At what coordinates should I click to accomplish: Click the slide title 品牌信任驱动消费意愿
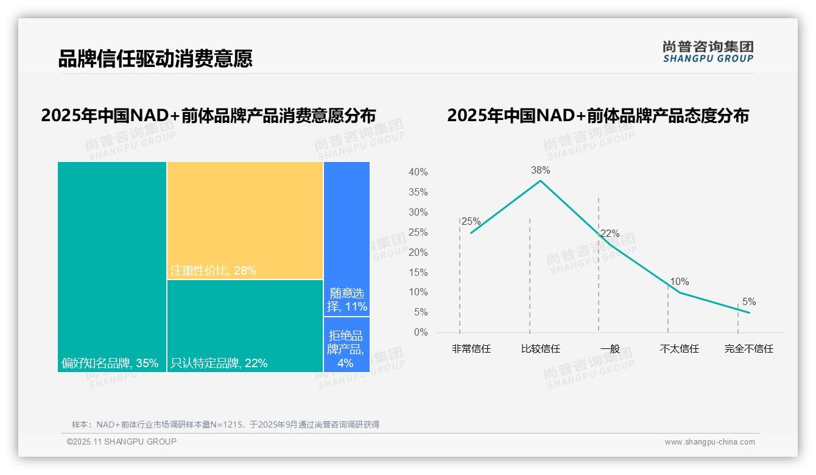(155, 58)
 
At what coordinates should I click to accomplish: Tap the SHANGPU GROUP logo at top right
(708, 52)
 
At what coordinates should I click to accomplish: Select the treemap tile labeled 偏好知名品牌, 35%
(112, 266)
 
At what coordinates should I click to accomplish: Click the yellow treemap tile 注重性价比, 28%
(245, 220)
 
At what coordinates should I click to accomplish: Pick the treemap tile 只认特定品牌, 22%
(245, 326)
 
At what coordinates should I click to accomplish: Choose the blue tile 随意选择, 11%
(346, 239)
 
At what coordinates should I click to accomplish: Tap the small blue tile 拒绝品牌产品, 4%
(346, 344)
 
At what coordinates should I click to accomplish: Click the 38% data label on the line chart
(540, 170)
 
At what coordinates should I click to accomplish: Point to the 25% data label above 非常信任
(471, 222)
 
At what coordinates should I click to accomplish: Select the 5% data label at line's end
(748, 301)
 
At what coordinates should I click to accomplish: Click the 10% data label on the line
(679, 282)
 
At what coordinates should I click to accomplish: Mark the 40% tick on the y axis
(418, 172)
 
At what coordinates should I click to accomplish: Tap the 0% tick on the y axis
(420, 332)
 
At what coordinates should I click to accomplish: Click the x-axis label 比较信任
(540, 349)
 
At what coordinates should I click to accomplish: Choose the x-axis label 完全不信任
(748, 349)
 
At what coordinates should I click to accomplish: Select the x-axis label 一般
(610, 349)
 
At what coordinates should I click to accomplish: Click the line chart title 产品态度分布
(597, 116)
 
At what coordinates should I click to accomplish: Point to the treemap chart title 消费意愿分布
(208, 116)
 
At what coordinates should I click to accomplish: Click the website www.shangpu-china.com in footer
(709, 442)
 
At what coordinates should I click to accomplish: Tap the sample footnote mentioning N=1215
(225, 424)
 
